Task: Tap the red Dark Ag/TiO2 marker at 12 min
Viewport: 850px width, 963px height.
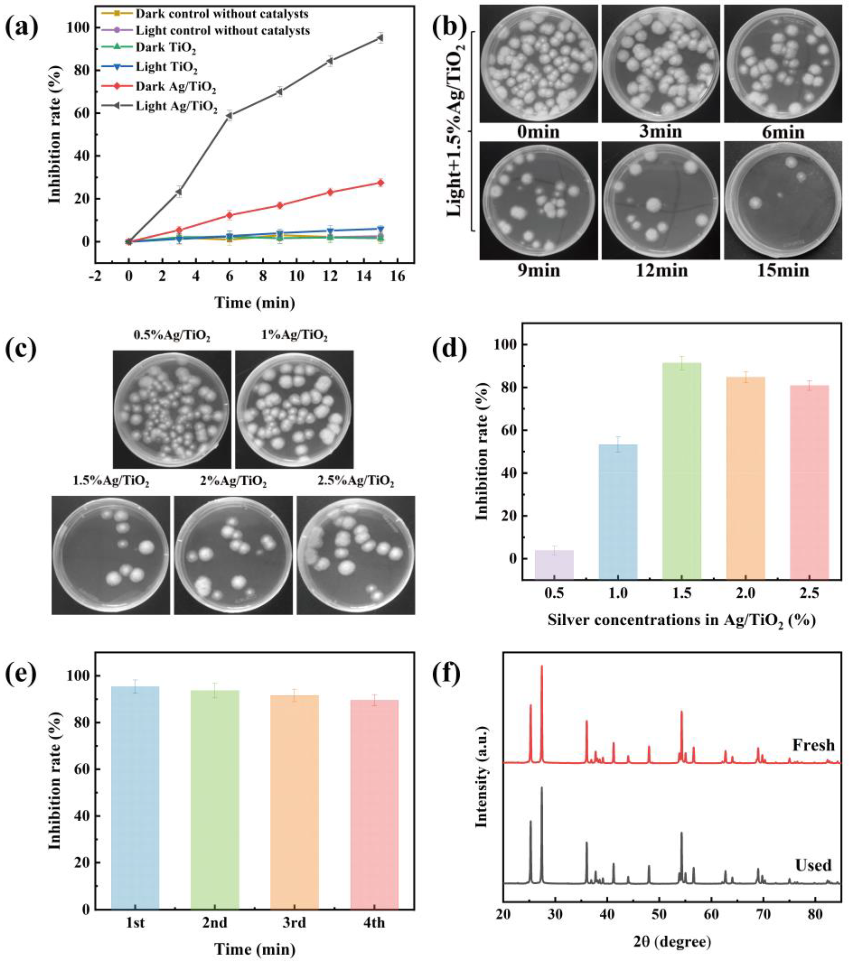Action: (x=330, y=192)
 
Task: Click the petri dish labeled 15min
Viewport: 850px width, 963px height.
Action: (x=783, y=201)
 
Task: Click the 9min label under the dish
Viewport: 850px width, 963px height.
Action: (x=538, y=270)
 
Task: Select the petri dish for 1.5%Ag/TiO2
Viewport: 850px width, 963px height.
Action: (x=111, y=555)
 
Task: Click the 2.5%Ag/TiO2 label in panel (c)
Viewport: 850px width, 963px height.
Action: (x=356, y=481)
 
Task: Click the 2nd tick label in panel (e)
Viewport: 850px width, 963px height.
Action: (x=215, y=922)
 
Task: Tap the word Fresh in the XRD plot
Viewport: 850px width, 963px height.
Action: (x=813, y=745)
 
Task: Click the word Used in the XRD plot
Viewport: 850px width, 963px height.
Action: (x=813, y=865)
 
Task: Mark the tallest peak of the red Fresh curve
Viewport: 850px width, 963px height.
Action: (x=542, y=666)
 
